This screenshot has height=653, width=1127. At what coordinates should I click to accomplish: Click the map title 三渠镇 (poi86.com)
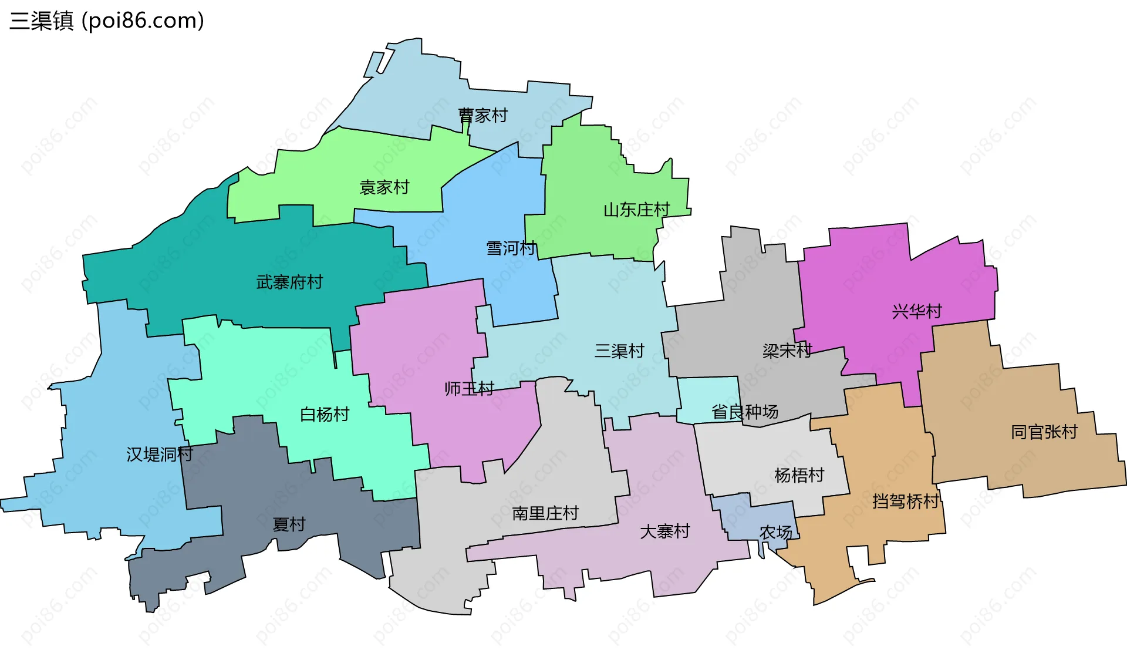[107, 21]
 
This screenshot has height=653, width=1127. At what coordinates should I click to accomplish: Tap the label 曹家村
[482, 116]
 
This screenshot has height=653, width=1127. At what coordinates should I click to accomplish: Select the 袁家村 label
[384, 187]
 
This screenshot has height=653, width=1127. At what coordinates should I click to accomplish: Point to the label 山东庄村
[636, 210]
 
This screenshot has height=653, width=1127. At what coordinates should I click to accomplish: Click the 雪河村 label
[511, 248]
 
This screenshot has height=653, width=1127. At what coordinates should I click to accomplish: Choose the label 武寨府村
[289, 282]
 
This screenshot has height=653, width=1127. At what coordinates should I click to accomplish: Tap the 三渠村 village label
[619, 351]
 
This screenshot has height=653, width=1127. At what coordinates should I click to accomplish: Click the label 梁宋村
[787, 351]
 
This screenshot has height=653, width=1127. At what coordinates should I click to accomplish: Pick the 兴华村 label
[917, 311]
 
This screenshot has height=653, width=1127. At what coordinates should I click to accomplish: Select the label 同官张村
[1044, 432]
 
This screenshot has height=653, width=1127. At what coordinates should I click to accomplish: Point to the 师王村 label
[469, 389]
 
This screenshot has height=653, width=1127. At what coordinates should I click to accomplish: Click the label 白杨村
[325, 415]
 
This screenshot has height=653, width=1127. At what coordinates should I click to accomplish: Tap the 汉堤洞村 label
[160, 454]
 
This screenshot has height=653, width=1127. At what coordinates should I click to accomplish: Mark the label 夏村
[289, 524]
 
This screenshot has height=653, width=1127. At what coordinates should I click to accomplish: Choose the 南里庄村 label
[545, 513]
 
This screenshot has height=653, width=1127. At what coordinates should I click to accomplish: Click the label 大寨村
[664, 531]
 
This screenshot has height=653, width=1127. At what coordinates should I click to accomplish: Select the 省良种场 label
[745, 412]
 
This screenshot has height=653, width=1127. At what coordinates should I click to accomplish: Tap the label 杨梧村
[799, 475]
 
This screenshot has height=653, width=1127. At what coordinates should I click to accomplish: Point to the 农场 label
[775, 533]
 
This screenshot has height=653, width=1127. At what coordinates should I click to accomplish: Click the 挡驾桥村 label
[905, 501]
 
